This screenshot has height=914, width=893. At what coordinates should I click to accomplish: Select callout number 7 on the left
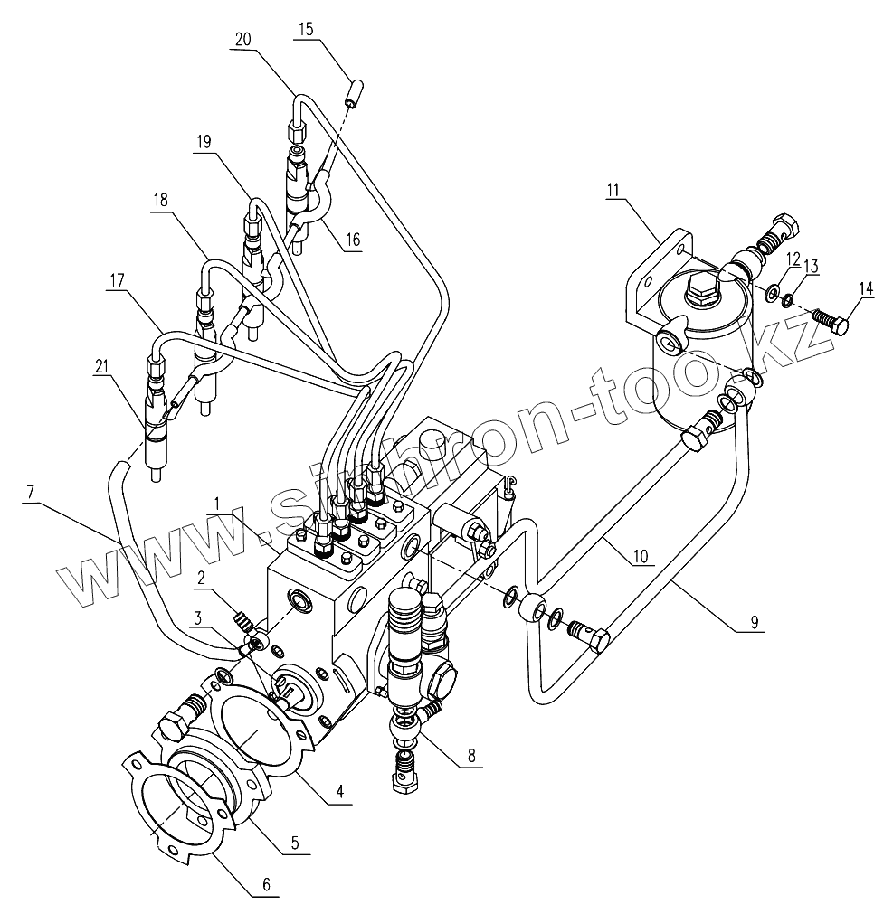point(31,492)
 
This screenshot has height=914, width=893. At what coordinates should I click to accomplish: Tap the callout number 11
point(613,191)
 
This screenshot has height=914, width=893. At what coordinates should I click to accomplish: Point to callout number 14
point(867,289)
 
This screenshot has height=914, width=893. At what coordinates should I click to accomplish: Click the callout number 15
point(304,30)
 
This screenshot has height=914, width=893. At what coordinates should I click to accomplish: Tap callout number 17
point(115,282)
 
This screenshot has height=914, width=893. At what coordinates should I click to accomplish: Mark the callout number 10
point(640,558)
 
